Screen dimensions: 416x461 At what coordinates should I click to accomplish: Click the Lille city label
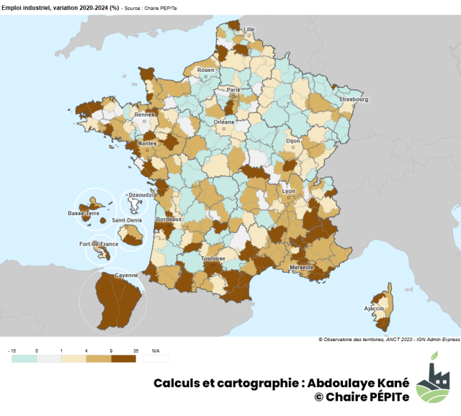(249, 30)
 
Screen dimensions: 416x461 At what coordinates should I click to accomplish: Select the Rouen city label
(206, 70)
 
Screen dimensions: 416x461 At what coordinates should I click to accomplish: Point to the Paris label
(233, 89)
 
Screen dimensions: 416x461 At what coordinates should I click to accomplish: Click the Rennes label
(146, 114)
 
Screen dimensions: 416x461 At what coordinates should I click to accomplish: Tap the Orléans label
(225, 122)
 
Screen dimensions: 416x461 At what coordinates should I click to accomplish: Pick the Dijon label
(292, 142)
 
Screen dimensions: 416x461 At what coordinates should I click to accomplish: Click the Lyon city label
(289, 191)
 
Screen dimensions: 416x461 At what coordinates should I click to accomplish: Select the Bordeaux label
(169, 219)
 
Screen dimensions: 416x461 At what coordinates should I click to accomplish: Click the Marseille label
(301, 267)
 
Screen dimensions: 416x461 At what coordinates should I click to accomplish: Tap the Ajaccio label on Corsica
(374, 308)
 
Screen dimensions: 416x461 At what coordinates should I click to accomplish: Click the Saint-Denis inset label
(127, 220)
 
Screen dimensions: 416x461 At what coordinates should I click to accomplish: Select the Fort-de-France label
(99, 244)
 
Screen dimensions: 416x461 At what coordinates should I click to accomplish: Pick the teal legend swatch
(24, 357)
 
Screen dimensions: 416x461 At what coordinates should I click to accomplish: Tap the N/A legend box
(156, 357)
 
